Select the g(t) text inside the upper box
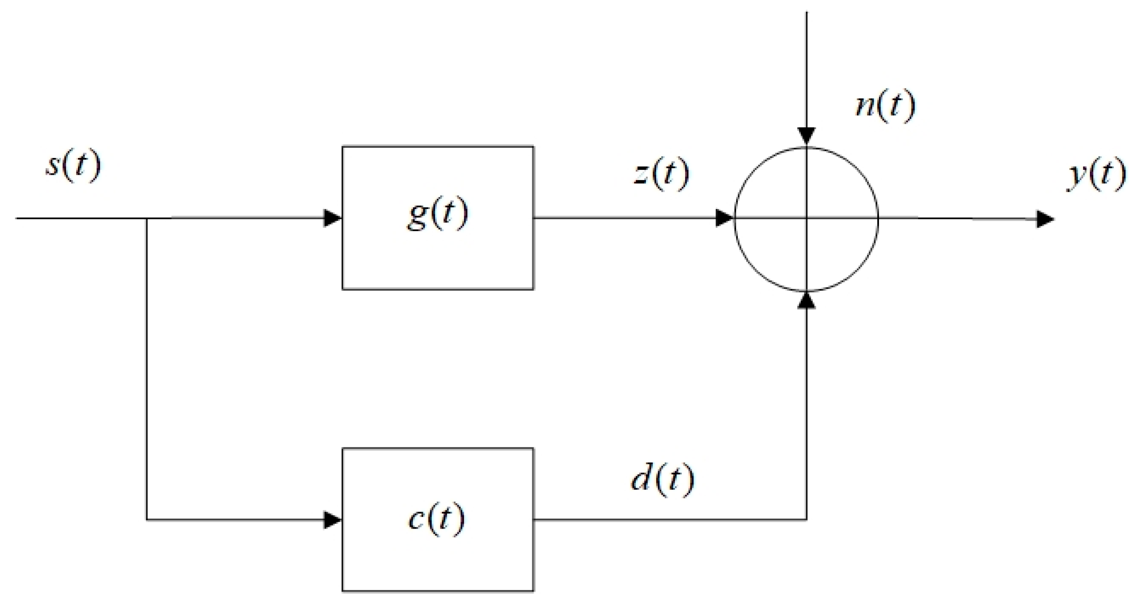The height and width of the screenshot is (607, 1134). tap(437, 215)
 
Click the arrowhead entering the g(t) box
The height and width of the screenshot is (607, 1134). tap(332, 218)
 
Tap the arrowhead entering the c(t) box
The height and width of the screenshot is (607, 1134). tap(332, 520)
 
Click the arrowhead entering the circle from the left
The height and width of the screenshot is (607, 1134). tap(724, 218)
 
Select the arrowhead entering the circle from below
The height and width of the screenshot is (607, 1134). tap(806, 300)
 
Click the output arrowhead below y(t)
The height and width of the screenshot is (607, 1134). tap(1045, 219)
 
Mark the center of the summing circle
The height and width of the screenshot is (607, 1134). tap(806, 218)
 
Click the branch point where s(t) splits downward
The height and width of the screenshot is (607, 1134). tap(146, 218)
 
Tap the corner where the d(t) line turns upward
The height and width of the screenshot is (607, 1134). tap(806, 520)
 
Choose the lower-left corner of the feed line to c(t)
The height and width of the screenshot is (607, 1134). tap(146, 520)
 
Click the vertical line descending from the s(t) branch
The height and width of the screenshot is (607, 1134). tap(146, 370)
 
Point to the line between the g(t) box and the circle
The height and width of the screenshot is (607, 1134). tap(625, 218)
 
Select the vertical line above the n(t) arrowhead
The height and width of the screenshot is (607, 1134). tap(806, 66)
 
